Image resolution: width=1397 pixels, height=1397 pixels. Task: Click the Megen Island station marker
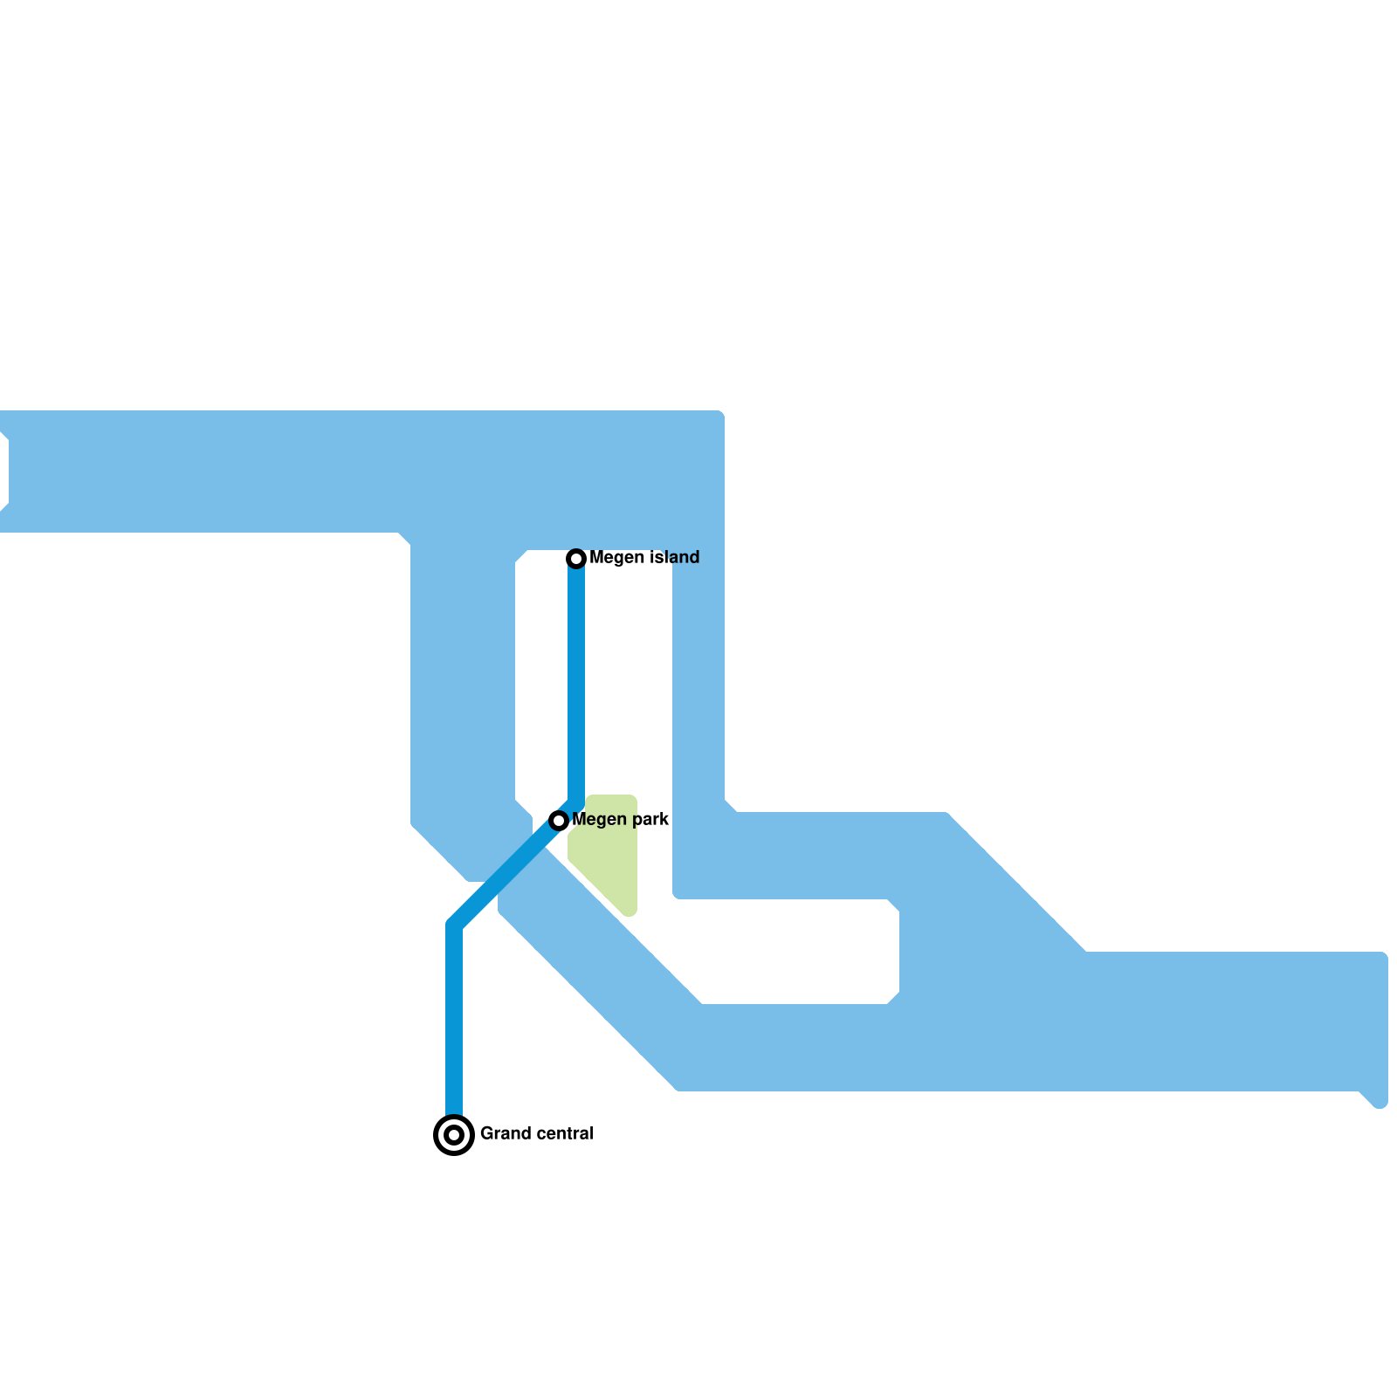[x=576, y=558]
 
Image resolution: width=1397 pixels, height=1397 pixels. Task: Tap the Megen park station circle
[x=559, y=820]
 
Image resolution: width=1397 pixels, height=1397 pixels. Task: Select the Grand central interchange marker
[x=454, y=1135]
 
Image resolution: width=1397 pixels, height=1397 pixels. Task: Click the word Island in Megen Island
[x=671, y=557]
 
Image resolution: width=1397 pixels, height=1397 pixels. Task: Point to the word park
[x=649, y=820]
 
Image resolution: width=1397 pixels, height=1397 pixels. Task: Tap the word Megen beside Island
[x=616, y=557]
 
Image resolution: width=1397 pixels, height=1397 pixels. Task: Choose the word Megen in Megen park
[x=599, y=820]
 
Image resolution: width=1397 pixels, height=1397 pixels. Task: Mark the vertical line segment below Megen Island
[x=576, y=681]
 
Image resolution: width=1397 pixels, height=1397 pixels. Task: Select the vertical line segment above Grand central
[x=454, y=1022]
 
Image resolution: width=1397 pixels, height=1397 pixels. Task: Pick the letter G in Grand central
[x=486, y=1133]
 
